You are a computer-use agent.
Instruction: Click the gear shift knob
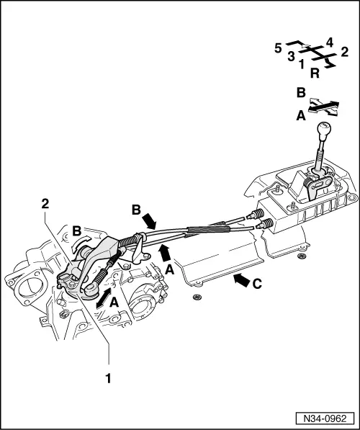coord(324,129)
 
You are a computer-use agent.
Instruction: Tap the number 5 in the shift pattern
coord(278,48)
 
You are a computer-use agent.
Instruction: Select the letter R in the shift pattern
coord(315,73)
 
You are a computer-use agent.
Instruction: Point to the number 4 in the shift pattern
coord(330,42)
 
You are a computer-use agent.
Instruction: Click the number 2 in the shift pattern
coord(345,52)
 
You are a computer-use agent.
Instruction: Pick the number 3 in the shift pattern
coord(291,56)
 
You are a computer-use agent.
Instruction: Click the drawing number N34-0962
coord(325,418)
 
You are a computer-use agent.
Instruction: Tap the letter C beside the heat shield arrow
coord(257,284)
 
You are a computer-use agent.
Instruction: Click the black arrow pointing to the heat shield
coord(241,280)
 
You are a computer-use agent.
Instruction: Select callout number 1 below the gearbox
coord(108,378)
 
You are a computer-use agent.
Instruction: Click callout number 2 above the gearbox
coord(45,204)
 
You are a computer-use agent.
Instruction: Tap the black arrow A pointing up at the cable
coord(165,253)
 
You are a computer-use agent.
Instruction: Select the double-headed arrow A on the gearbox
coord(103,297)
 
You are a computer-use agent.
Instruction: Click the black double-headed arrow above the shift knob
coord(324,107)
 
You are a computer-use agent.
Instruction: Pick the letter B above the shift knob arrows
coord(301,93)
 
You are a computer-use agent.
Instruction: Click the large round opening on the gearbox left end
coord(30,288)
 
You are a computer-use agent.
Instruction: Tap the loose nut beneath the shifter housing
coord(302,256)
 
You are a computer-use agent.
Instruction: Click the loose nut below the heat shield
coord(197,297)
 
